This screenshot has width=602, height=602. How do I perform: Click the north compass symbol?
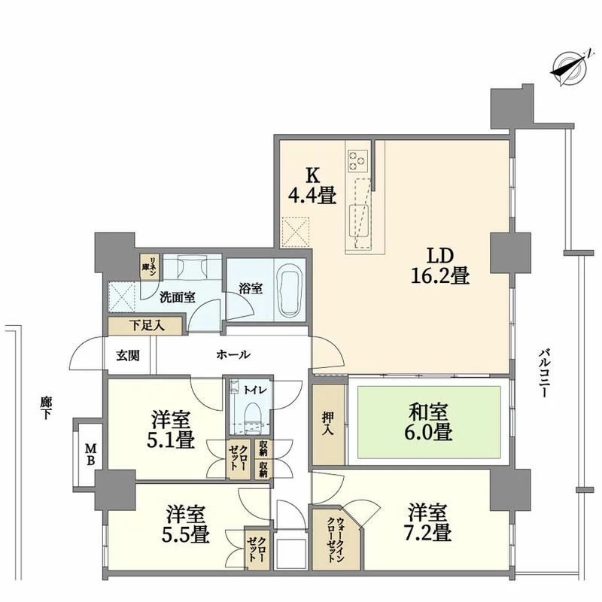click(570, 69)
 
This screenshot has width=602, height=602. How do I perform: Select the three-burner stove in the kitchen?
click(358, 160)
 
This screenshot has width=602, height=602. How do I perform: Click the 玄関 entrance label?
click(128, 356)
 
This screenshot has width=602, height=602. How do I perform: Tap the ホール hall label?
click(233, 354)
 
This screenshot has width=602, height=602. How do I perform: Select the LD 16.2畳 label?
click(440, 266)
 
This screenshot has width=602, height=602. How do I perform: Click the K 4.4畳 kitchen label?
click(312, 186)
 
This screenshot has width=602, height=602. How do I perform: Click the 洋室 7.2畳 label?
click(427, 522)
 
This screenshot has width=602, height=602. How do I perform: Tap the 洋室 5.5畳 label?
click(185, 524)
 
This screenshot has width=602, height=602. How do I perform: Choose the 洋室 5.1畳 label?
click(171, 429)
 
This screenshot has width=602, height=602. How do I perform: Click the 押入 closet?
click(328, 424)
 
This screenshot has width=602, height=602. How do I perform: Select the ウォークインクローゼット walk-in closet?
click(336, 539)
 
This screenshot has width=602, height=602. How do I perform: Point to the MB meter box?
click(90, 455)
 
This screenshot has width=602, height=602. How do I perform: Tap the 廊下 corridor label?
click(45, 408)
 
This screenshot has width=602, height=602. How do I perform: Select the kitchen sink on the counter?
click(359, 221)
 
